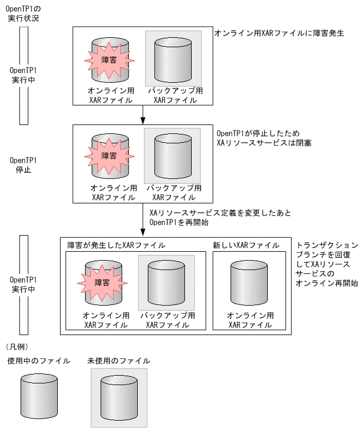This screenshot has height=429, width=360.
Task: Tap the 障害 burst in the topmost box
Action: pos(109,59)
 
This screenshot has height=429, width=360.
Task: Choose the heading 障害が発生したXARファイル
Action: pos(116,245)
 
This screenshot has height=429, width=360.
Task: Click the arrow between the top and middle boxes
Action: pos(143,113)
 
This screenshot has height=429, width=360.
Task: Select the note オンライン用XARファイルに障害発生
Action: pos(279,33)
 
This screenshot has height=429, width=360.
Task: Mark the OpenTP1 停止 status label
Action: pos(23,164)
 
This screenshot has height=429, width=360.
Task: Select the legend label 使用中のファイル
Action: pos(38,361)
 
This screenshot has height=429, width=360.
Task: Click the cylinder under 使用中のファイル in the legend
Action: pos(38,392)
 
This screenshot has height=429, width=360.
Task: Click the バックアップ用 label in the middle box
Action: pos(173,188)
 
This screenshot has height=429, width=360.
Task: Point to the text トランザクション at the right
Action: pos(327,245)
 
